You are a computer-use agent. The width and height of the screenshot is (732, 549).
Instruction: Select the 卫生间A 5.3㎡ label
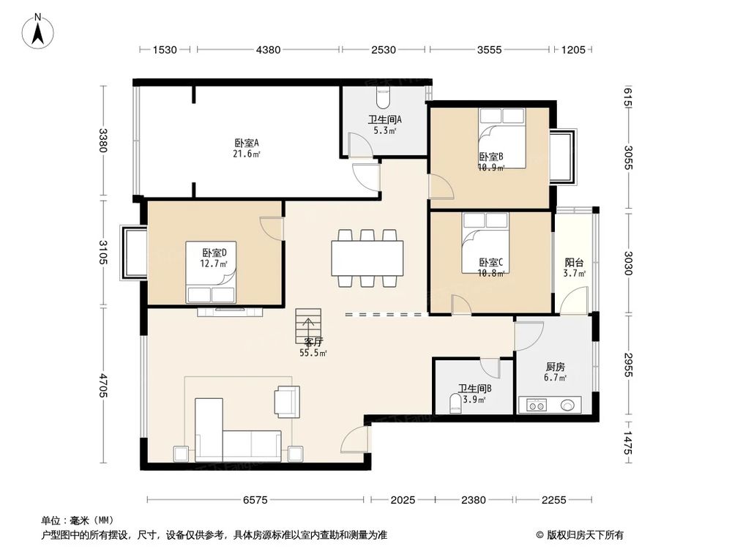pos(384,125)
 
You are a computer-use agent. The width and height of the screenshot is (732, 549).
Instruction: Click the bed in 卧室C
pos(484,241)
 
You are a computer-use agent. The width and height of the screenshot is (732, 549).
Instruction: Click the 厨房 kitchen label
pos(555,367)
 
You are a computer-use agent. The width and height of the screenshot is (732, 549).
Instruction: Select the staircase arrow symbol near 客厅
pos(308,321)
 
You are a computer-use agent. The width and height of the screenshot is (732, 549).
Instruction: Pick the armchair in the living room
pos(285,400)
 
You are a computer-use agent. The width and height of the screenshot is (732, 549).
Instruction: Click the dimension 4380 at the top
pos(269,51)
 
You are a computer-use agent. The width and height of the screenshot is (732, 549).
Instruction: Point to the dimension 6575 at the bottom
pos(255,501)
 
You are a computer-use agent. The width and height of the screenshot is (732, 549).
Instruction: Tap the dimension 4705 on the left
pos(103,385)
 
